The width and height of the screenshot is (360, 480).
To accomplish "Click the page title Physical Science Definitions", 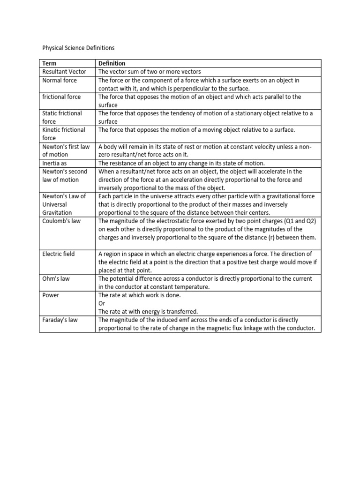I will coord(78,48).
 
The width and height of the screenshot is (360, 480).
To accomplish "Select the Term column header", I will coord(49,63).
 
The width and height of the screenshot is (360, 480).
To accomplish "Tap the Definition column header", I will coord(112,63).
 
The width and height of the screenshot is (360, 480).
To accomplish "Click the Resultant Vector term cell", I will coord(64,72).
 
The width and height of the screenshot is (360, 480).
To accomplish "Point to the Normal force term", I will coord(60,80).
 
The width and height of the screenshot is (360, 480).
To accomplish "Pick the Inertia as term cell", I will coord(55,163).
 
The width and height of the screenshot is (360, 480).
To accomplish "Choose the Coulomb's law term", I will coord(61,221).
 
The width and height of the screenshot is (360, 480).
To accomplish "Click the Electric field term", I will coord(59,254).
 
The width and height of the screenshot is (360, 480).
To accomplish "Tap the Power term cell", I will coord(51,295).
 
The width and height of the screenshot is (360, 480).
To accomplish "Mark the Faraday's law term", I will coord(60,320).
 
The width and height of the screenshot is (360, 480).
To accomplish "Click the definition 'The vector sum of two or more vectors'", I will coord(150,72).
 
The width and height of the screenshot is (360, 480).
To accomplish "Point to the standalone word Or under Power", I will coord(102,303).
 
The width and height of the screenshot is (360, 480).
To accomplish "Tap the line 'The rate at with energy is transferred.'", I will coord(148,312).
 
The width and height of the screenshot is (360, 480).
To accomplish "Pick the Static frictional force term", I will coord(62,117).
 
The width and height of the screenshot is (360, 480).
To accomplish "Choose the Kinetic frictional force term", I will coord(64,134).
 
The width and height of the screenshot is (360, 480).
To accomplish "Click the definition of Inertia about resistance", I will coord(181,163).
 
